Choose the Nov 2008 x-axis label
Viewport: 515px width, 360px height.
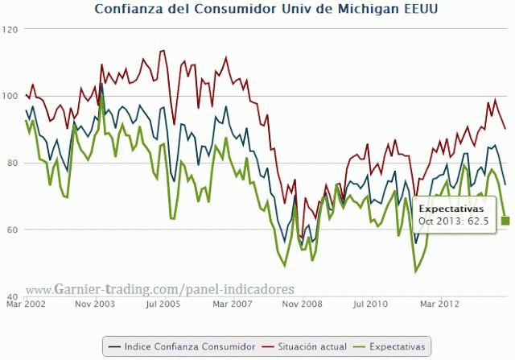[x=301, y=304]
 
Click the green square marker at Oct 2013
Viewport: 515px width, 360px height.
[x=505, y=221]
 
